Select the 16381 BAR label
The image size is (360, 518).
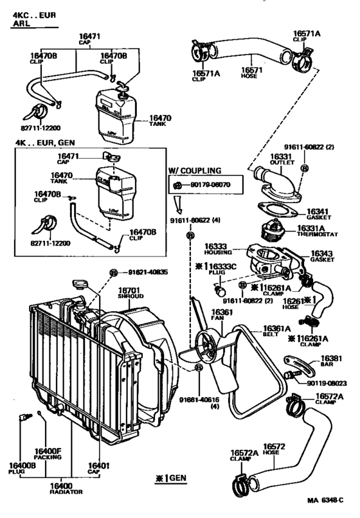tap(332, 361)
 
